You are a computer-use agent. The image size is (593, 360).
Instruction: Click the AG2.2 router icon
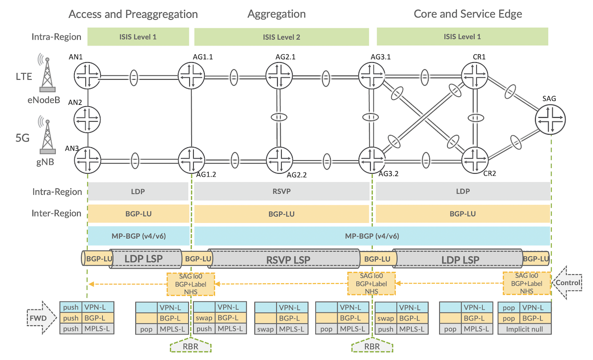click(x=280, y=160)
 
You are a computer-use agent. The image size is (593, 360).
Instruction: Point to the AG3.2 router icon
click(x=371, y=160)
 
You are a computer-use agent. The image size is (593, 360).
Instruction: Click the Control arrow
click(x=569, y=284)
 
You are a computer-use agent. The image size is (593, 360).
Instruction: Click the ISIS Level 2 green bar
click(x=282, y=37)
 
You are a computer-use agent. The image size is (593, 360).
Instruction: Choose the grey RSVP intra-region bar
click(x=282, y=191)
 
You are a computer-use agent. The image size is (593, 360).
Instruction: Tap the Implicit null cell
click(x=524, y=329)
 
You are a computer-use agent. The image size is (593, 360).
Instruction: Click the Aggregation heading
click(x=276, y=14)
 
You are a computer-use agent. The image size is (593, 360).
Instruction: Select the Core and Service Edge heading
click(x=467, y=14)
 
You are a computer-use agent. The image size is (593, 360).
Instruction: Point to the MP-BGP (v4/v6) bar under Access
click(x=138, y=236)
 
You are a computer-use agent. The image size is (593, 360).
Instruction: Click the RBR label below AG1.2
click(x=191, y=346)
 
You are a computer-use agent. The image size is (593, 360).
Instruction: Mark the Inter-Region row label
click(x=56, y=213)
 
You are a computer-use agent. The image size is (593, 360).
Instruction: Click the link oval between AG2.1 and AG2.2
click(x=280, y=118)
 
